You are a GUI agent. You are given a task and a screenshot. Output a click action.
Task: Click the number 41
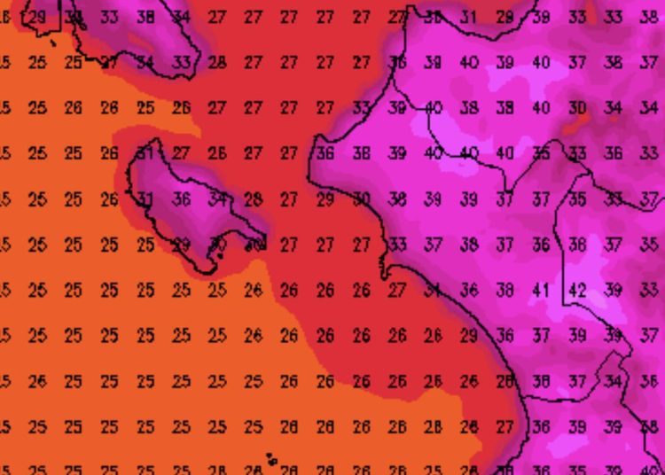tap(541, 290)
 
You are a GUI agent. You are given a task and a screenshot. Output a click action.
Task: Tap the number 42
tap(577, 290)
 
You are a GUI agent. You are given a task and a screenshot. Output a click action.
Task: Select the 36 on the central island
tap(181, 199)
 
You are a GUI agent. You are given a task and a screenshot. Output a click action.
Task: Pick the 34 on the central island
tap(217, 199)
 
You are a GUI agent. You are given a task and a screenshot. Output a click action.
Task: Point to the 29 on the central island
tap(181, 245)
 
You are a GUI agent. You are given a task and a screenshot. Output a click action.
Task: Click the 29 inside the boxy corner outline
tap(37, 17)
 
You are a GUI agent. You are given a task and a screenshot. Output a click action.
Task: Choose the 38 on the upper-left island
tap(145, 17)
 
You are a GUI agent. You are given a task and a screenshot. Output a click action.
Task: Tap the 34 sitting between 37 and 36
tap(613, 381)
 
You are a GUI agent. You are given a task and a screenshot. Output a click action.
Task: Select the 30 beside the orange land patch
tap(577, 108)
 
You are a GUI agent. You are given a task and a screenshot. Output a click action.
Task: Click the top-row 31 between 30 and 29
tap(468, 17)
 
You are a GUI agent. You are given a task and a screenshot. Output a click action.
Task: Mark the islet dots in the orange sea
tap(270, 459)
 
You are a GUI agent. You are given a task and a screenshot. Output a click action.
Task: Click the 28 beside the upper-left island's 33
tap(217, 63)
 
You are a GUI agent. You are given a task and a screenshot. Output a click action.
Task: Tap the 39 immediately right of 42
tap(613, 290)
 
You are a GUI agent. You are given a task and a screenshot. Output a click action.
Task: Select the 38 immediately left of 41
tap(505, 290)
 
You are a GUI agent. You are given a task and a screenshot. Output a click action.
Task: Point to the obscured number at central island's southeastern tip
tap(255, 244)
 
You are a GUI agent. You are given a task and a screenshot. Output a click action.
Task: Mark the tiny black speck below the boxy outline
tap(54, 43)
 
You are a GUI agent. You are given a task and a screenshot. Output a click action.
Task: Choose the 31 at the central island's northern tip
tap(145, 153)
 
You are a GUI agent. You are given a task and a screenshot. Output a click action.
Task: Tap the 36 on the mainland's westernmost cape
tap(325, 153)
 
